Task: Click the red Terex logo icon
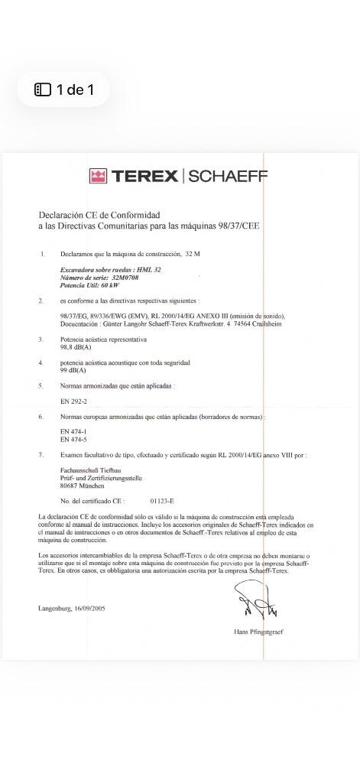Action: click(98, 177)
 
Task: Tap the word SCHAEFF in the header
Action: click(227, 177)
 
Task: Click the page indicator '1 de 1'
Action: click(64, 90)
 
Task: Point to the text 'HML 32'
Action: click(148, 270)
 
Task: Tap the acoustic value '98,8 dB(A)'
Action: click(73, 346)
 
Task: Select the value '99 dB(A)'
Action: click(72, 369)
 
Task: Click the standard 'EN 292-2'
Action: click(73, 401)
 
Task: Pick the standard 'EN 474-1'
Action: click(73, 432)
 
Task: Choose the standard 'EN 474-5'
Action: click(73, 440)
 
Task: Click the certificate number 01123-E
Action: click(162, 501)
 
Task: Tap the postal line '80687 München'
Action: click(83, 486)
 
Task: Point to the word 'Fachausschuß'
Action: click(79, 471)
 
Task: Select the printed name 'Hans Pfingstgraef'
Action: click(258, 632)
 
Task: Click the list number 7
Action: click(41, 455)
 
